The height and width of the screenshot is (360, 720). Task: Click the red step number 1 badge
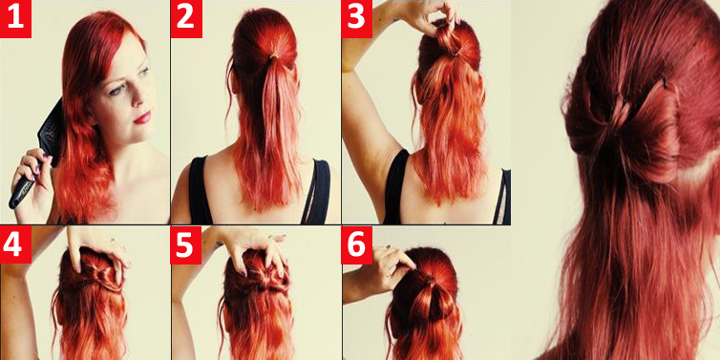(15, 19)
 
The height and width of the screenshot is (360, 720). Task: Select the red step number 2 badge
(186, 19)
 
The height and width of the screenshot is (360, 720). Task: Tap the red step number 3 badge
(357, 19)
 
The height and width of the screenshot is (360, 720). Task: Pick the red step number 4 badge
(15, 244)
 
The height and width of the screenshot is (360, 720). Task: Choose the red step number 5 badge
(186, 244)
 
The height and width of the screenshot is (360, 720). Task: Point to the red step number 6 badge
(357, 244)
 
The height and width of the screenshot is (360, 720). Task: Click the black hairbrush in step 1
(40, 152)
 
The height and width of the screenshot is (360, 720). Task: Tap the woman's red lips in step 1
(142, 117)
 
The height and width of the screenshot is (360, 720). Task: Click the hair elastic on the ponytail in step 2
(274, 55)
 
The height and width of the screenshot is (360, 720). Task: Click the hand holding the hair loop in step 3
(432, 16)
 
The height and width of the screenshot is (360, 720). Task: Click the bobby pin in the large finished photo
(665, 84)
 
